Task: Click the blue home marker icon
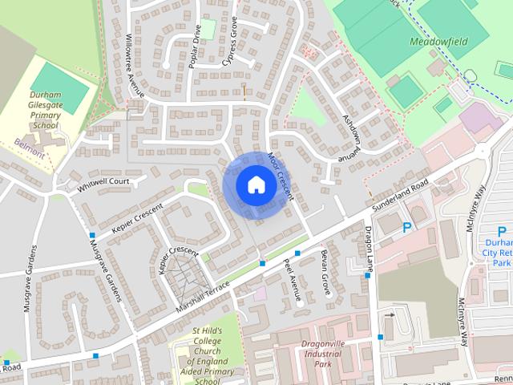click(x=256, y=185)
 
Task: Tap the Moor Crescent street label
click(x=281, y=176)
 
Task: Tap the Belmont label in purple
click(x=29, y=144)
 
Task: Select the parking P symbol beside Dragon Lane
click(x=407, y=228)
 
